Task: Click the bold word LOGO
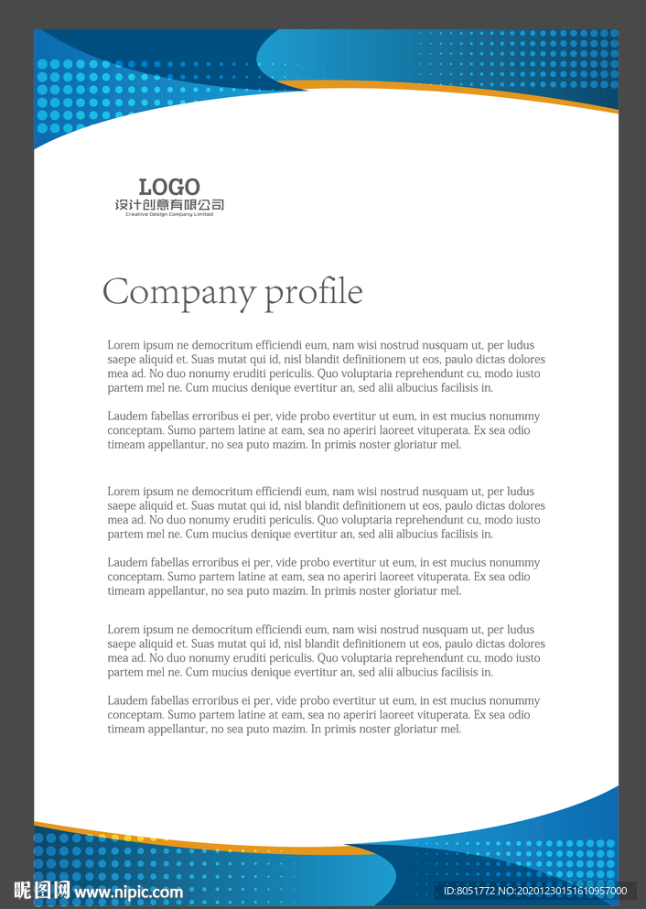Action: pos(169,188)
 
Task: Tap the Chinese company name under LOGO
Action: pos(169,205)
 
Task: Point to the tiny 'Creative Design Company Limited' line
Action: pos(169,214)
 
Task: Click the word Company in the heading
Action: pos(178,293)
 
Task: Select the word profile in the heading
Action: pos(314,293)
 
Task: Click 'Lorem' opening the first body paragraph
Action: pos(124,345)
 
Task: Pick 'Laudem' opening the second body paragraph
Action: pos(126,417)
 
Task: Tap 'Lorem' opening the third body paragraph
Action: pos(124,492)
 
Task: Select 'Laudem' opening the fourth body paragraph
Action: pos(126,563)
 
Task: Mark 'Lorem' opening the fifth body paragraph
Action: pos(124,630)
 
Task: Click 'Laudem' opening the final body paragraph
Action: pos(126,701)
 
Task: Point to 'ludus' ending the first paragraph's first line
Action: pos(521,345)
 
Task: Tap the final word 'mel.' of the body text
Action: pos(450,730)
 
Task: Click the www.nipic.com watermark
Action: pos(129,892)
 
